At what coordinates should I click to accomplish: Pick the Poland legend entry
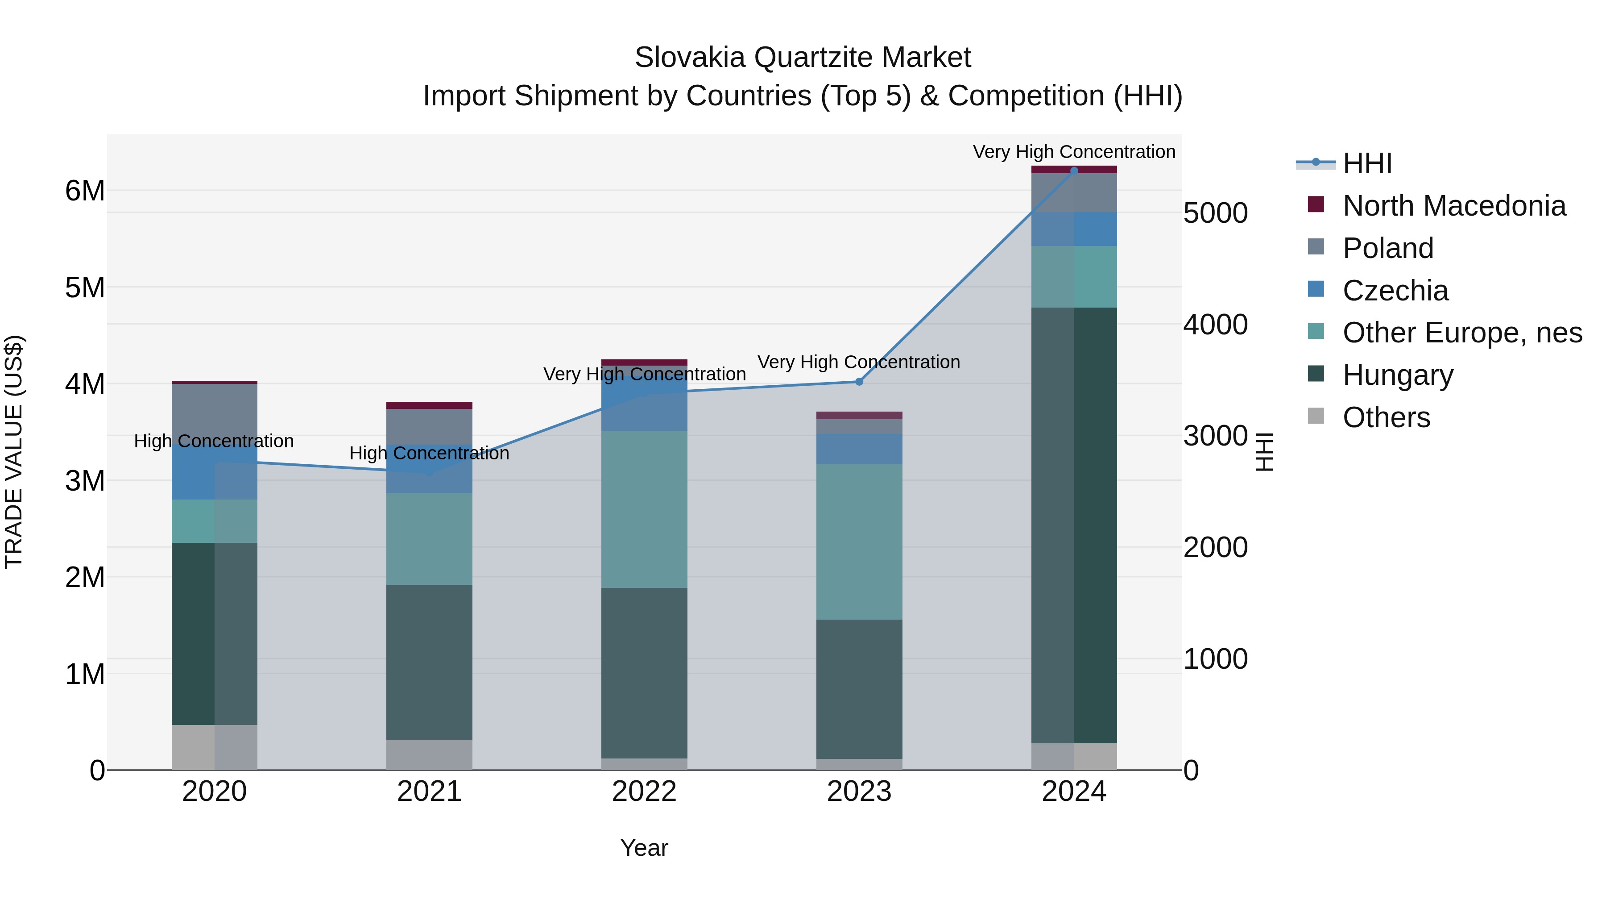pyautogui.click(x=1388, y=248)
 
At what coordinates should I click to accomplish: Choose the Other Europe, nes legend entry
pyautogui.click(x=1462, y=333)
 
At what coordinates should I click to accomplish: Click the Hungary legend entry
pyautogui.click(x=1398, y=375)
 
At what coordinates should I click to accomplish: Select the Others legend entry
pyautogui.click(x=1386, y=417)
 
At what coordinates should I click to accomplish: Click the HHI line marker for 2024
pyautogui.click(x=1074, y=171)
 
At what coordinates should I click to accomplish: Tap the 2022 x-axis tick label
pyautogui.click(x=644, y=792)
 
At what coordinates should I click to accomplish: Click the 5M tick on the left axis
pyautogui.click(x=85, y=287)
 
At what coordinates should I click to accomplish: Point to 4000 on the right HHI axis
pyautogui.click(x=1215, y=325)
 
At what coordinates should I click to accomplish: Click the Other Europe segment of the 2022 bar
pyautogui.click(x=644, y=509)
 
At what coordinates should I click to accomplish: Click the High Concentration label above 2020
pyautogui.click(x=214, y=441)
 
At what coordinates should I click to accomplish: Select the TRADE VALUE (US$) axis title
pyautogui.click(x=14, y=452)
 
